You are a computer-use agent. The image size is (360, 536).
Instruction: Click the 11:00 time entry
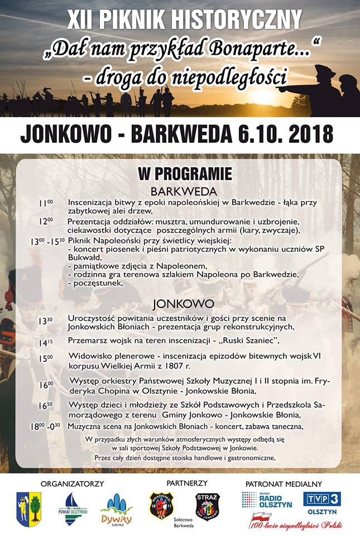pos(46,203)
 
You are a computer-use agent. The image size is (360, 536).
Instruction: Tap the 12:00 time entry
pos(46,221)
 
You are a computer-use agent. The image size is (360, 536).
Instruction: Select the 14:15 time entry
pos(46,342)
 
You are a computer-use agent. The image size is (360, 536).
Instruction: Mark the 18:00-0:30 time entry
pos(46,426)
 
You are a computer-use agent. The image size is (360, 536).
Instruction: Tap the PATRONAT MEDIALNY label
pos(284,483)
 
